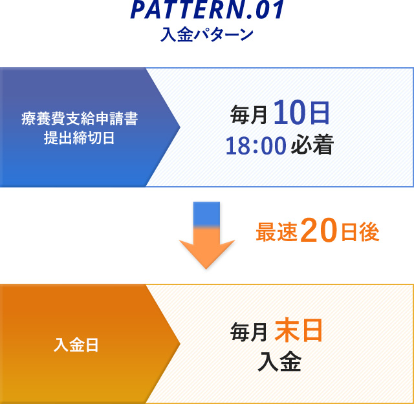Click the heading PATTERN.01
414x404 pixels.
tap(208, 10)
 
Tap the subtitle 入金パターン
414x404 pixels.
tap(207, 34)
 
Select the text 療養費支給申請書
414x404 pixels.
tap(80, 119)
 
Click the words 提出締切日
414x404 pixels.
tap(79, 138)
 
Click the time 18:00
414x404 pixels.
tap(256, 145)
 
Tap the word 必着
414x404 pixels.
tap(312, 144)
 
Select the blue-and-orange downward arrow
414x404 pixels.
tap(206, 235)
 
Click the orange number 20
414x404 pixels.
tap(319, 230)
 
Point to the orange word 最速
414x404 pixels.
tap(277, 232)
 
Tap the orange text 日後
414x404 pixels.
tap(360, 232)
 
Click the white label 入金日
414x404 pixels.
tap(76, 345)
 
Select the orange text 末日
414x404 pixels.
tap(299, 330)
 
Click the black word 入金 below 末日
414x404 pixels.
tap(279, 361)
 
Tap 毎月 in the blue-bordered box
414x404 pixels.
tap(248, 114)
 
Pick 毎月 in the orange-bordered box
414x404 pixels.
tap(248, 332)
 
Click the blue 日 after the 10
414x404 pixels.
tap(320, 113)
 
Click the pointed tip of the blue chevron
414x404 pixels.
tap(180, 127)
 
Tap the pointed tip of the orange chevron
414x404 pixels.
tap(180, 344)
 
